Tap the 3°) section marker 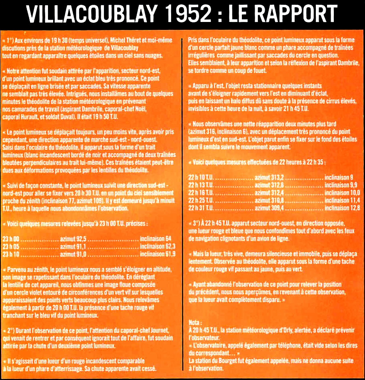(x=197, y=223)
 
